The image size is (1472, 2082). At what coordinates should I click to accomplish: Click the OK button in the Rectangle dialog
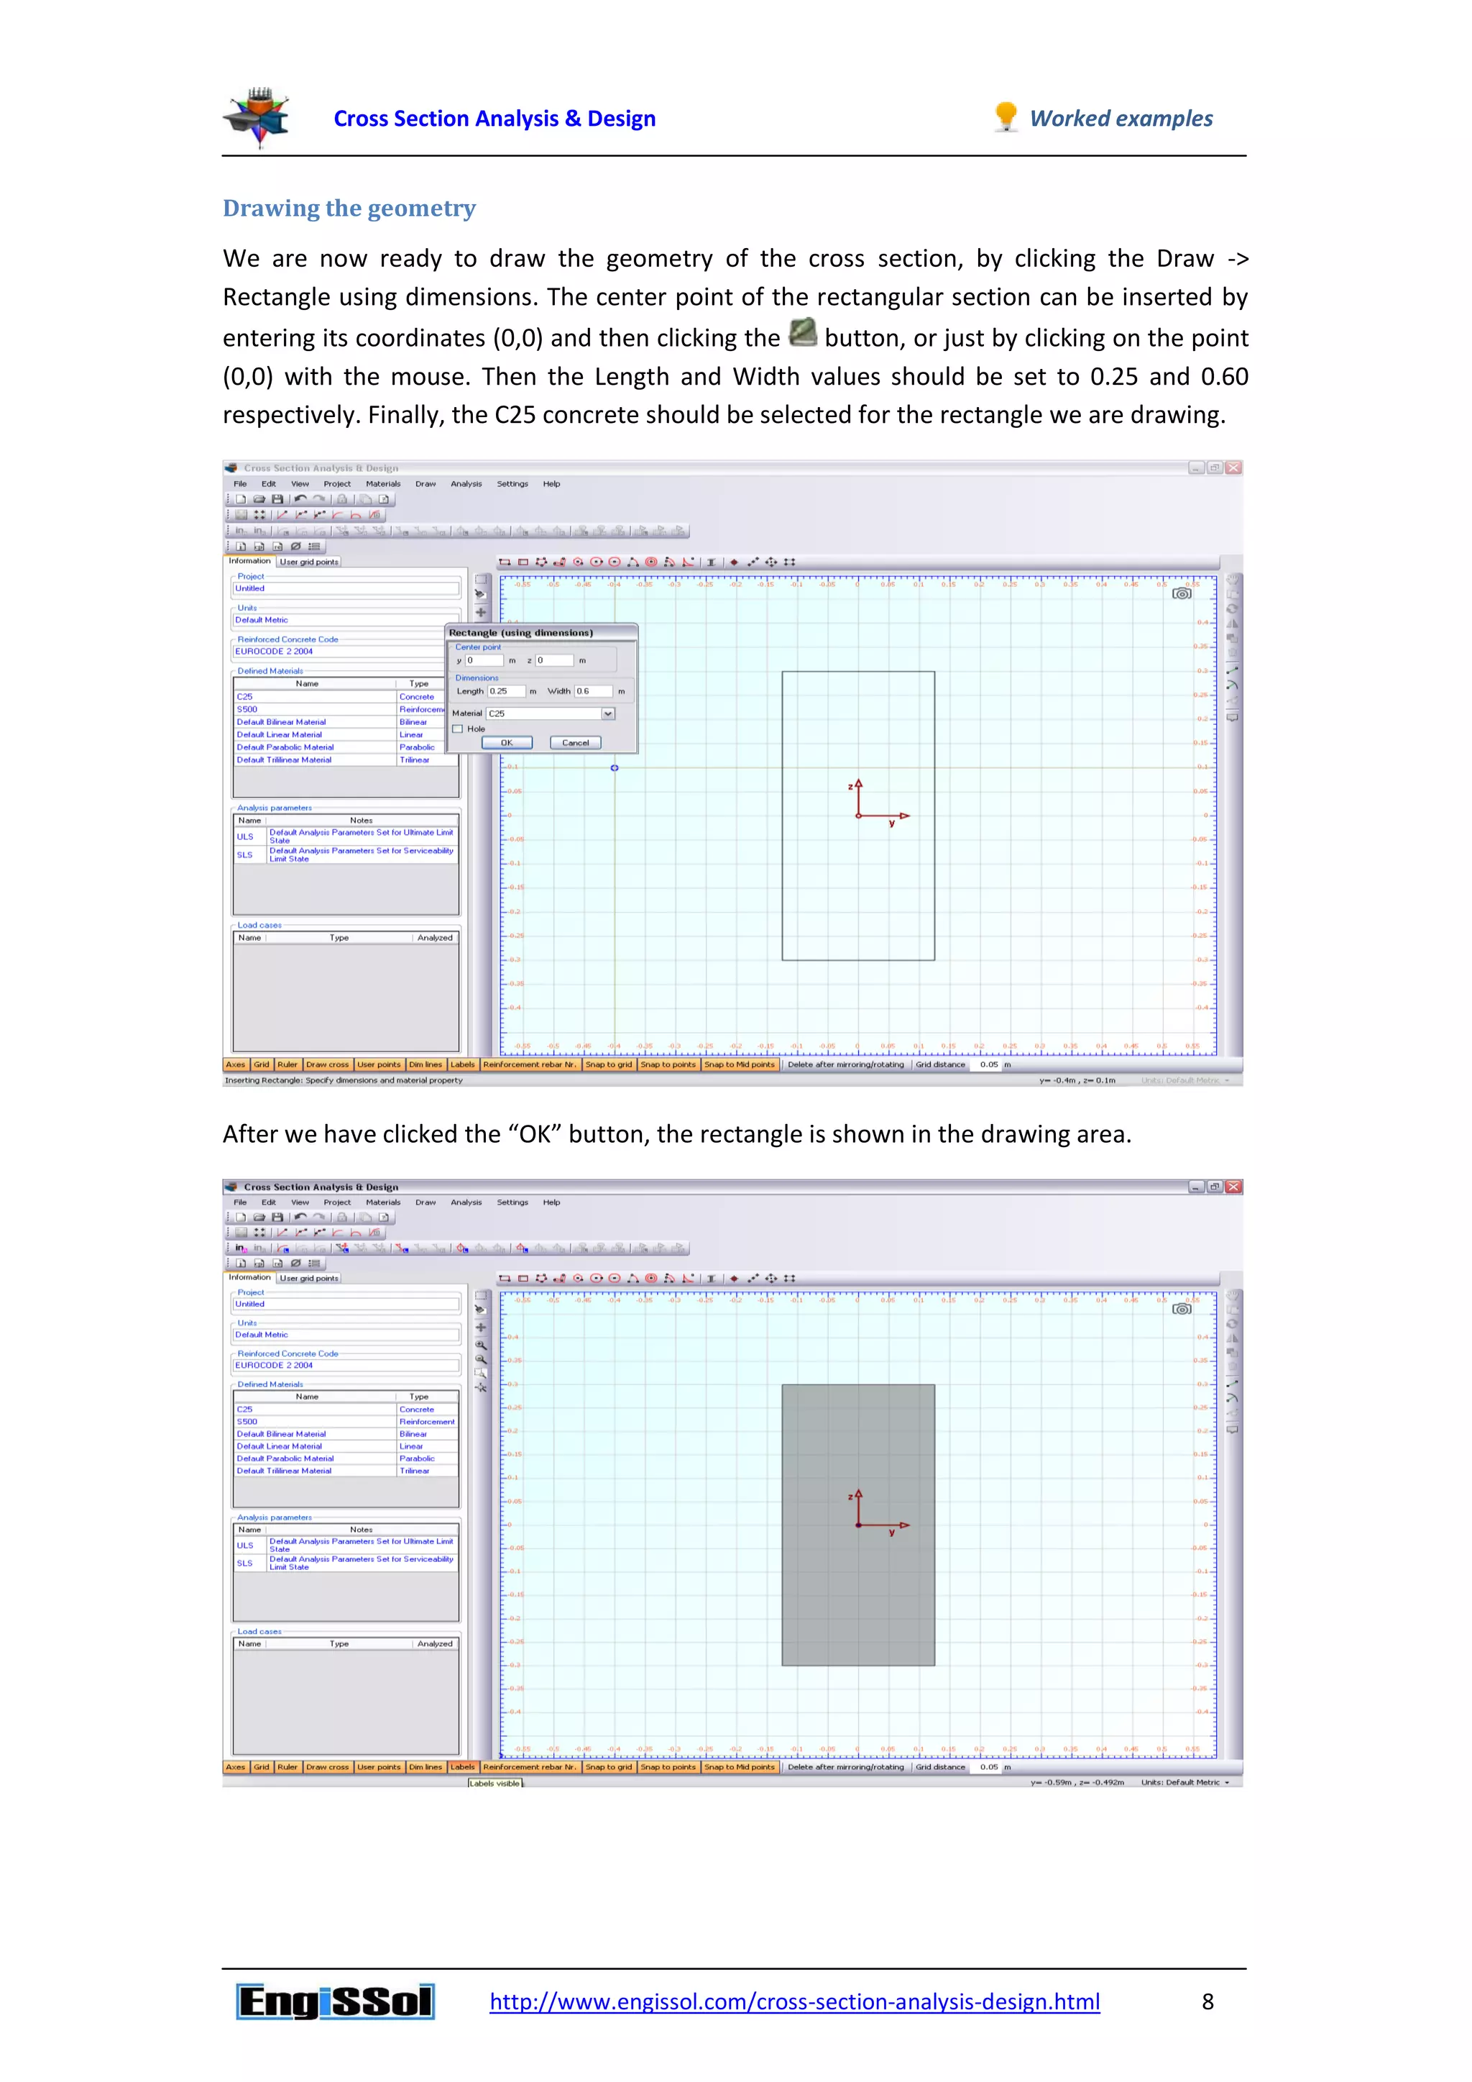click(x=507, y=743)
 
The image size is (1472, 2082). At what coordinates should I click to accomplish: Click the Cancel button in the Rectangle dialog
click(x=576, y=743)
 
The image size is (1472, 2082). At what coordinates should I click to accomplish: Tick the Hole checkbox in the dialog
click(x=459, y=729)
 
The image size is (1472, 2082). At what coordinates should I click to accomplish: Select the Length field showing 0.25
click(x=506, y=691)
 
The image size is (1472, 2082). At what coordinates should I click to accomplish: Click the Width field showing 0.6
click(x=593, y=691)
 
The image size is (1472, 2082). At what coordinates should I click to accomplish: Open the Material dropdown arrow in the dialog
click(x=608, y=713)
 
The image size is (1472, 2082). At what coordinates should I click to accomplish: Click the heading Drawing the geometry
click(x=349, y=209)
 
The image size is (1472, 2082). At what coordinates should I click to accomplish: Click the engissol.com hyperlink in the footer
click(x=794, y=2001)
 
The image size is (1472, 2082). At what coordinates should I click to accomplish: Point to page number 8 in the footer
click(x=1207, y=2001)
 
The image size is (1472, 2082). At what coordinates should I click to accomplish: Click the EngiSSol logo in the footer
click(x=336, y=2001)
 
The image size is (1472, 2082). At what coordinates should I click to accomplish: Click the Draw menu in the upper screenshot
click(x=425, y=484)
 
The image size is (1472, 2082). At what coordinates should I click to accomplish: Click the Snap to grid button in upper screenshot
click(x=608, y=1064)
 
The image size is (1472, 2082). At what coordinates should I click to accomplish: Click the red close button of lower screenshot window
click(x=1233, y=1187)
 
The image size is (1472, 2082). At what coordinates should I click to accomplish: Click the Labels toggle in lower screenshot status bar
click(x=462, y=1766)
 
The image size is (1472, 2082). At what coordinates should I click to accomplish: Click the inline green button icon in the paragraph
click(x=802, y=333)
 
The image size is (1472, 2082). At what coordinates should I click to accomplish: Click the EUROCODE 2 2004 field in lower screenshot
click(x=344, y=1365)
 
